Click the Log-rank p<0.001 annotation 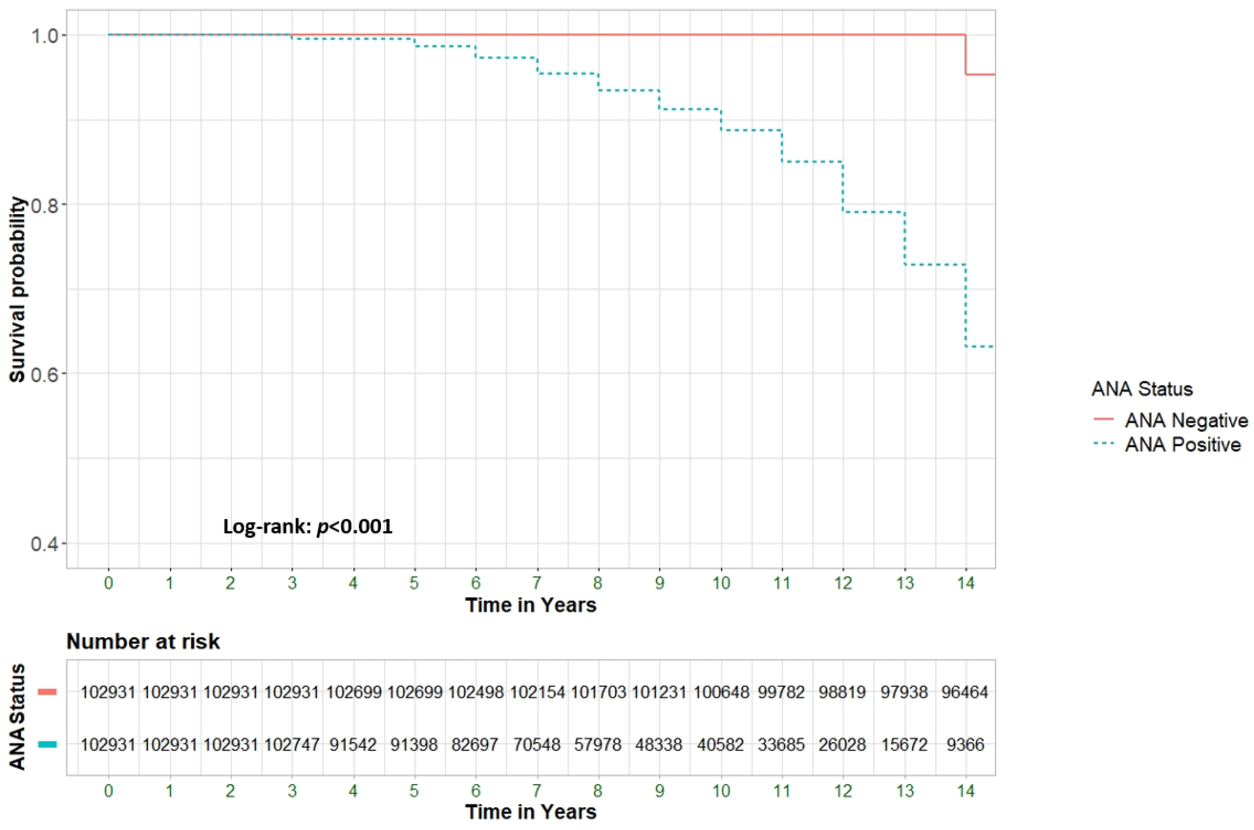(x=308, y=527)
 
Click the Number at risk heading (x=143, y=642)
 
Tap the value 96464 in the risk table (x=965, y=692)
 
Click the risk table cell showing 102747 (x=292, y=745)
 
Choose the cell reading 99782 (x=781, y=692)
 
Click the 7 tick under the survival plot (x=536, y=583)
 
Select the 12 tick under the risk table (x=843, y=791)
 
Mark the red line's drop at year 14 (x=966, y=54)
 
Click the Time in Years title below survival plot (x=531, y=605)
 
